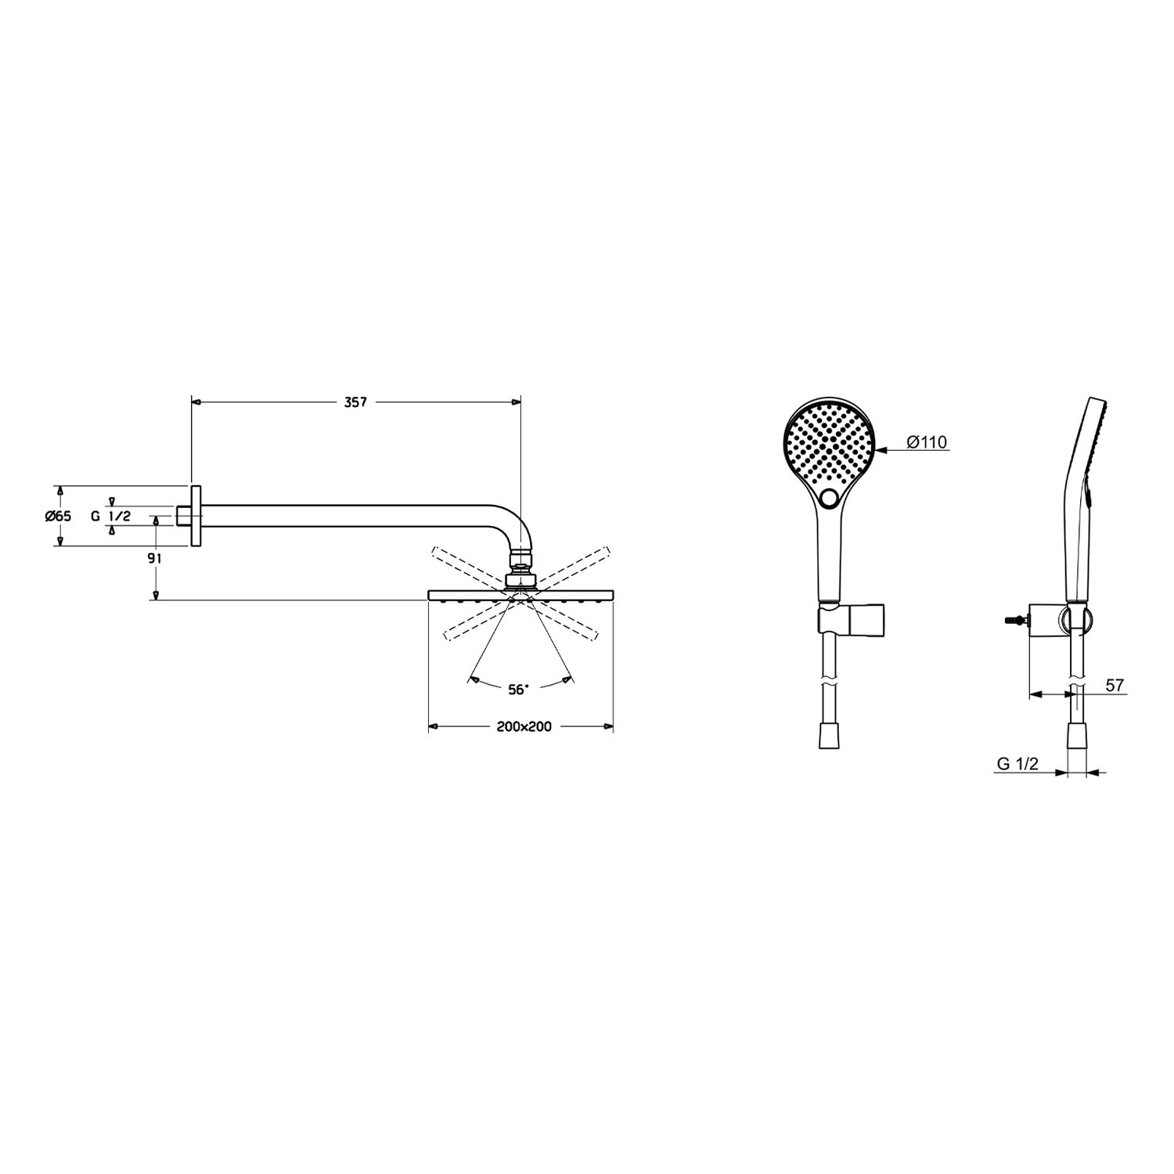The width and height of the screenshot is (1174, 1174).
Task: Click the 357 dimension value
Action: (x=355, y=402)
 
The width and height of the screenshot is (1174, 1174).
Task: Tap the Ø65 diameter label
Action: (x=58, y=516)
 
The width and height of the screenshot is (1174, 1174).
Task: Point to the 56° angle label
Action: (x=518, y=689)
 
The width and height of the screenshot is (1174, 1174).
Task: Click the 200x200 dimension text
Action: (x=524, y=726)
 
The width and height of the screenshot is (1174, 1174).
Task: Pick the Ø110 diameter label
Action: (x=927, y=443)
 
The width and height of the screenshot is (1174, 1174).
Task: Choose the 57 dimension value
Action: (x=1115, y=686)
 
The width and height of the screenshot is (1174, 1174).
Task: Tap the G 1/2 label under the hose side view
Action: (x=1017, y=765)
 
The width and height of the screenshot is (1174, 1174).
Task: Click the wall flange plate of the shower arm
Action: (x=196, y=516)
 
